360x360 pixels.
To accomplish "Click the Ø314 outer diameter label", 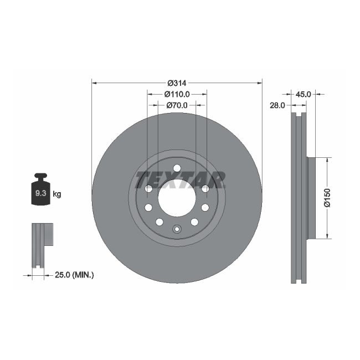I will [177, 83].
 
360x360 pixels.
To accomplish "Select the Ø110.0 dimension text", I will [178, 94].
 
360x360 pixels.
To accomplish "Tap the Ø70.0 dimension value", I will [178, 105].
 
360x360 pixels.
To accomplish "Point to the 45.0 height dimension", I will [303, 94].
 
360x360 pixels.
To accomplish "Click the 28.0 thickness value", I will [276, 105].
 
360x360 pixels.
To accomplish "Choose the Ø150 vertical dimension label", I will [327, 198].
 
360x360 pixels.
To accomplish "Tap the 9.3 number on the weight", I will [40, 194].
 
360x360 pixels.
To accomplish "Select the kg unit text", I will [56, 194].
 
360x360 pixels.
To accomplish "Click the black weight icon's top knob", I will [40, 177].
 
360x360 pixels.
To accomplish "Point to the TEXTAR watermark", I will [180, 179].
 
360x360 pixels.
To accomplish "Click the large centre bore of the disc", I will [177, 198].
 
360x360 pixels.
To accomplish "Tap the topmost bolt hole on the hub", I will [177, 168].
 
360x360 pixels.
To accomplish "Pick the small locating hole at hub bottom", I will [177, 229].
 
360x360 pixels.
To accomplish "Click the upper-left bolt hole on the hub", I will [148, 189].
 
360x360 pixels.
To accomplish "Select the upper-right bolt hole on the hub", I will [205, 189].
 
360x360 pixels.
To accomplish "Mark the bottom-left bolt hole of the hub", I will [159, 222].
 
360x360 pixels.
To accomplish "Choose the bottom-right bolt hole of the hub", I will [194, 222].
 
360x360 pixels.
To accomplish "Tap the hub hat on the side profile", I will [311, 198].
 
